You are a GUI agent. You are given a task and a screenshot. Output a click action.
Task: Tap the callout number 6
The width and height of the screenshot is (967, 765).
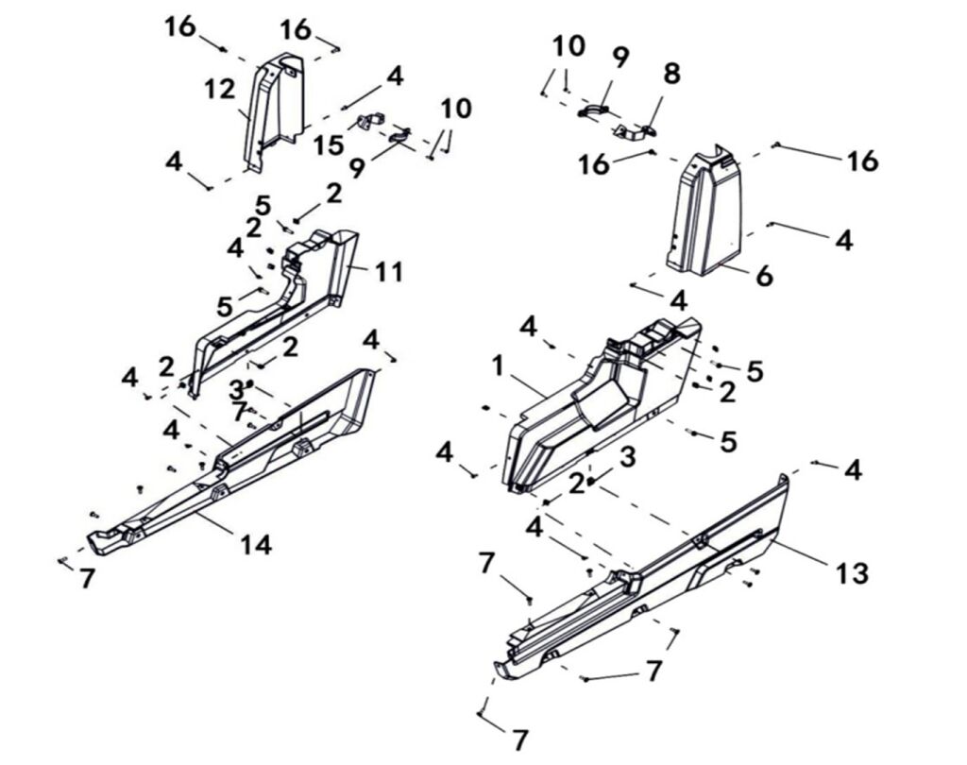click(764, 276)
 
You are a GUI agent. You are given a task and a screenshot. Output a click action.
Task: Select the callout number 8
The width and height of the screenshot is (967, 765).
click(671, 74)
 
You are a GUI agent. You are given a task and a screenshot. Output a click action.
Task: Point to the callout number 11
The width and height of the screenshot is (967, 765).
click(389, 273)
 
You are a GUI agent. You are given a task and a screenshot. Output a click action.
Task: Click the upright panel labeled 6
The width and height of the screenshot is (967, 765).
click(706, 212)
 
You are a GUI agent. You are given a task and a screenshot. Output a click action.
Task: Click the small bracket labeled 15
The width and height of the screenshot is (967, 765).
click(369, 123)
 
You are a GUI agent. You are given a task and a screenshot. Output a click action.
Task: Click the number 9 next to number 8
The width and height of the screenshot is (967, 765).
click(619, 58)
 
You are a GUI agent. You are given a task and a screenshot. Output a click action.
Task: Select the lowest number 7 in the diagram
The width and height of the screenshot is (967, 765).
click(520, 739)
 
